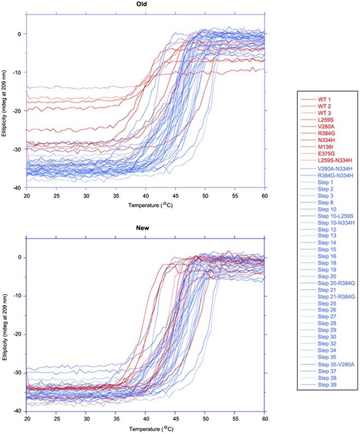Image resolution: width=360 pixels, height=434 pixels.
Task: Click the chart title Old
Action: tap(146, 4)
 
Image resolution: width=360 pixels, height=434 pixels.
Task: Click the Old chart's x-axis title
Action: tap(146, 206)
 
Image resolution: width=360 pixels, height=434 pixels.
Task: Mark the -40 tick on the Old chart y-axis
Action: tap(20, 188)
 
